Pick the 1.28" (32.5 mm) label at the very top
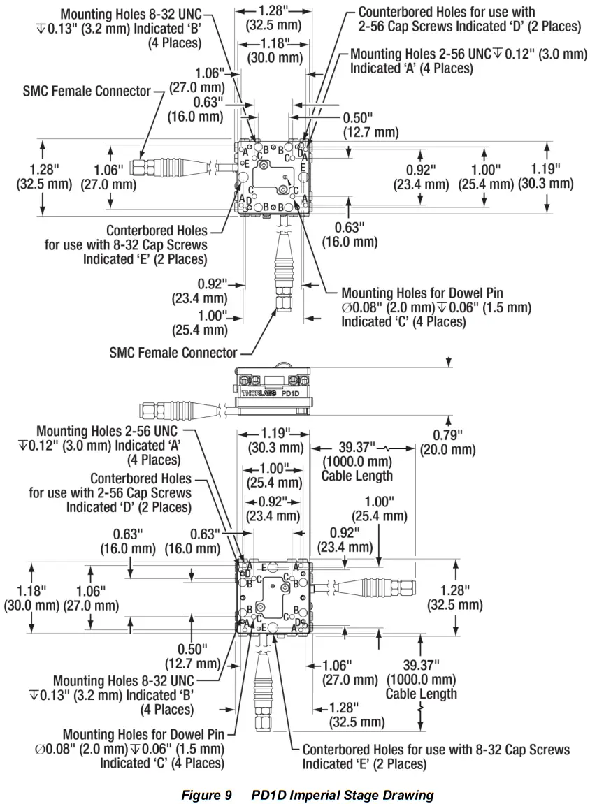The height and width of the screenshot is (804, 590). [x=272, y=17]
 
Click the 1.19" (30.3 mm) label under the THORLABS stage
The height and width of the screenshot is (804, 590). [x=272, y=441]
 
